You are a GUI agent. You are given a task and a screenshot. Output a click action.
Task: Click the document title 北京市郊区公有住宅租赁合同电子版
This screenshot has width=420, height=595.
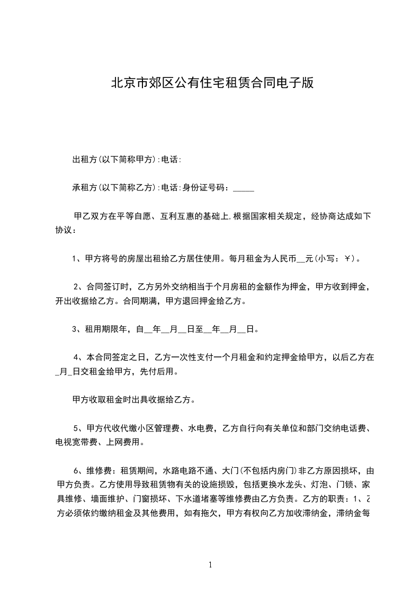tap(212, 83)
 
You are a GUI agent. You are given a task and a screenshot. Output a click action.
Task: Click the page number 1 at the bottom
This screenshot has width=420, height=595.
tap(210, 564)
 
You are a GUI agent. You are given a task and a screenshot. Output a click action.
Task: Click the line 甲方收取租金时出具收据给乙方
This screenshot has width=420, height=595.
tap(133, 400)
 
